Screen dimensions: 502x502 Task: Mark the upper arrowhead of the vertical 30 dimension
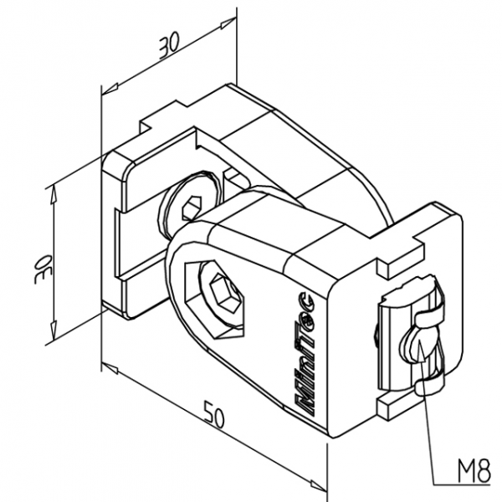tap(53, 191)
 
